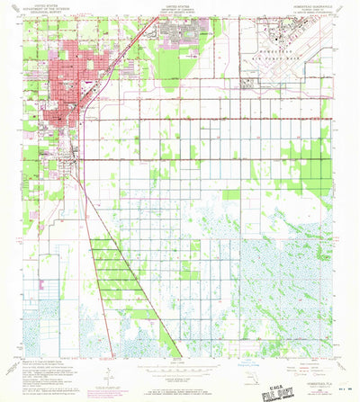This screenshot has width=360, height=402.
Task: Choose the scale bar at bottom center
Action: (x=179, y=371)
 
